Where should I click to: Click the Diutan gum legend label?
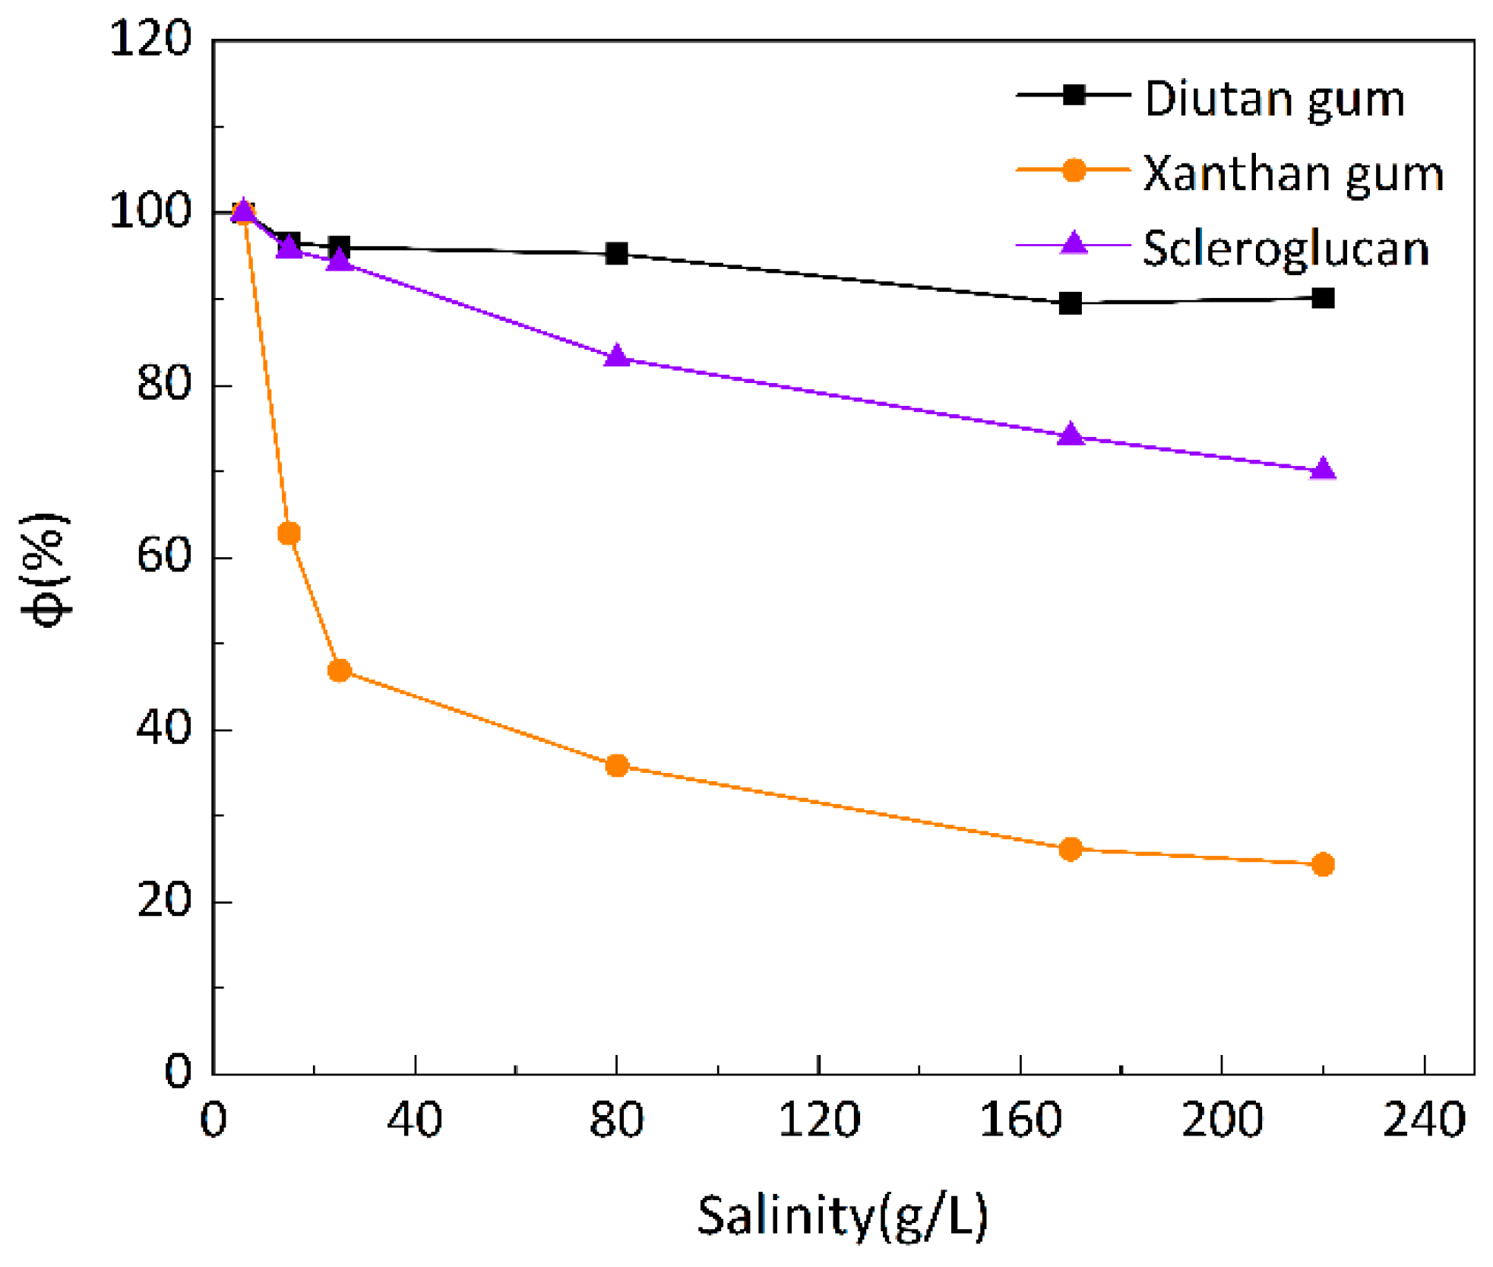(x=1274, y=99)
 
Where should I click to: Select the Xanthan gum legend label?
(x=1292, y=174)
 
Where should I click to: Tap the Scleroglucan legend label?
(x=1286, y=249)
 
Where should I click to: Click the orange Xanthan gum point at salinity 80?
(x=617, y=765)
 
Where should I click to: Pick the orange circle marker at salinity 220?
(x=1323, y=864)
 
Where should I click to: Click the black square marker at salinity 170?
(x=1070, y=303)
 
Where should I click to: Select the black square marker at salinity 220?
(x=1323, y=298)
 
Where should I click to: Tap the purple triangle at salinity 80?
(x=617, y=356)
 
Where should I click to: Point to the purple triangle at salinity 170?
(x=1070, y=434)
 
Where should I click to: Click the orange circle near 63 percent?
(x=289, y=534)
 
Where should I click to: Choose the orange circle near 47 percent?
(x=339, y=670)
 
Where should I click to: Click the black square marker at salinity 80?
(x=617, y=253)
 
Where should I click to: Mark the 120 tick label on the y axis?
(x=150, y=38)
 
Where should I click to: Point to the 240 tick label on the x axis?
(x=1423, y=1120)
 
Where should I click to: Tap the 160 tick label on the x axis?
(x=1020, y=1120)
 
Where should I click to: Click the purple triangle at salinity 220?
(x=1323, y=469)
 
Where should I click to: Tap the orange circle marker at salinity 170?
(x=1070, y=849)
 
